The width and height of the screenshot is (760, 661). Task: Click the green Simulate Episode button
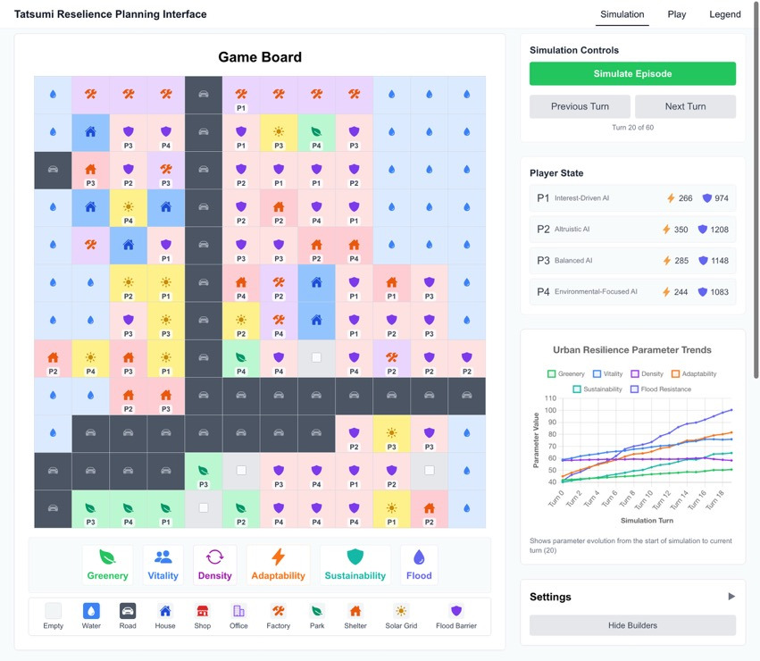click(632, 73)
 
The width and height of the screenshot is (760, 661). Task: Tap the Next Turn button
click(685, 106)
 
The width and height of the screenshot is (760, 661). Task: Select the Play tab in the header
click(677, 14)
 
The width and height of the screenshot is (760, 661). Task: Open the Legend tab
click(724, 14)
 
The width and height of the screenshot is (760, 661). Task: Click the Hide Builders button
click(632, 625)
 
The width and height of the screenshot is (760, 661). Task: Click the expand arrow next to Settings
click(731, 597)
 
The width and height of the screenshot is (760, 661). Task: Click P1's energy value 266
click(685, 198)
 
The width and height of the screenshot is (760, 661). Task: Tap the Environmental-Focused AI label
click(596, 292)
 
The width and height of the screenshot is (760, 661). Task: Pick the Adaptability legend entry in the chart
click(695, 374)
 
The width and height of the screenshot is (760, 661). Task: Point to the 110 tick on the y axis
click(550, 398)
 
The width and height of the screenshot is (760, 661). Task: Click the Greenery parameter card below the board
click(107, 565)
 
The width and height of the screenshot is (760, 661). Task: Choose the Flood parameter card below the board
click(419, 565)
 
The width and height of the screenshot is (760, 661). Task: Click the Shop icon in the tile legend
click(203, 611)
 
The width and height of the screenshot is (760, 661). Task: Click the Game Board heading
click(260, 57)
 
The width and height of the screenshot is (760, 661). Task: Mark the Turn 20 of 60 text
click(632, 128)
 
